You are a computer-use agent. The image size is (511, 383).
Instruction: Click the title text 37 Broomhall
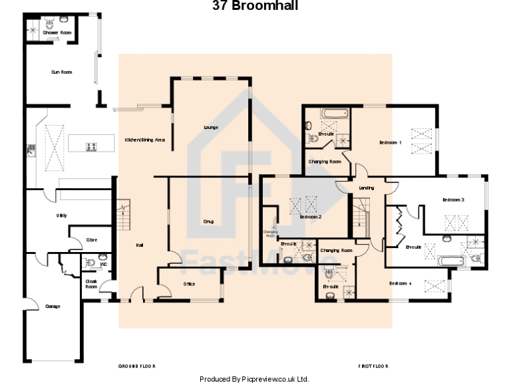pyautogui.click(x=255, y=6)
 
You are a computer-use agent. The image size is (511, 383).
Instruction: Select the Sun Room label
pyautogui.click(x=62, y=72)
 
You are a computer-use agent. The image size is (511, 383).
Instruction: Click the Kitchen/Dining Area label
pyautogui.click(x=145, y=140)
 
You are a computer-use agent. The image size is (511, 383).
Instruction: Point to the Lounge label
pyautogui.click(x=211, y=127)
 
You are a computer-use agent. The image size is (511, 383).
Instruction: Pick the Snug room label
pyautogui.click(x=208, y=221)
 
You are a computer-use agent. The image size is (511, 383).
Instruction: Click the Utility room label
pyautogui.click(x=61, y=215)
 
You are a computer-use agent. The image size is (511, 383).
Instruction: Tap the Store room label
pyautogui.click(x=92, y=239)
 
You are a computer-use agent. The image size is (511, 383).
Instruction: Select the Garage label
pyautogui.click(x=53, y=307)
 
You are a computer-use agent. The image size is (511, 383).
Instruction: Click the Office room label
pyautogui.click(x=190, y=284)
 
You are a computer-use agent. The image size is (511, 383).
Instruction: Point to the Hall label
pyautogui.click(x=140, y=245)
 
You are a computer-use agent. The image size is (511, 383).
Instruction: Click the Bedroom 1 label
pyautogui.click(x=391, y=142)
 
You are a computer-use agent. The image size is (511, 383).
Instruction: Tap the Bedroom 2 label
pyautogui.click(x=311, y=217)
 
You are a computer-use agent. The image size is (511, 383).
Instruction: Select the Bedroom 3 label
pyautogui.click(x=453, y=199)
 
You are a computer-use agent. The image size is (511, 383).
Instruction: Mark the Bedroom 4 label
pyautogui.click(x=401, y=284)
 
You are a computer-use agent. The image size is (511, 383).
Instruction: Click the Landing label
pyautogui.click(x=367, y=188)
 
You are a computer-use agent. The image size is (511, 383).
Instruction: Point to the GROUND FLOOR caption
pyautogui.click(x=137, y=366)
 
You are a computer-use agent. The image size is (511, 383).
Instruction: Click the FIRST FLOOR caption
pyautogui.click(x=373, y=366)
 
